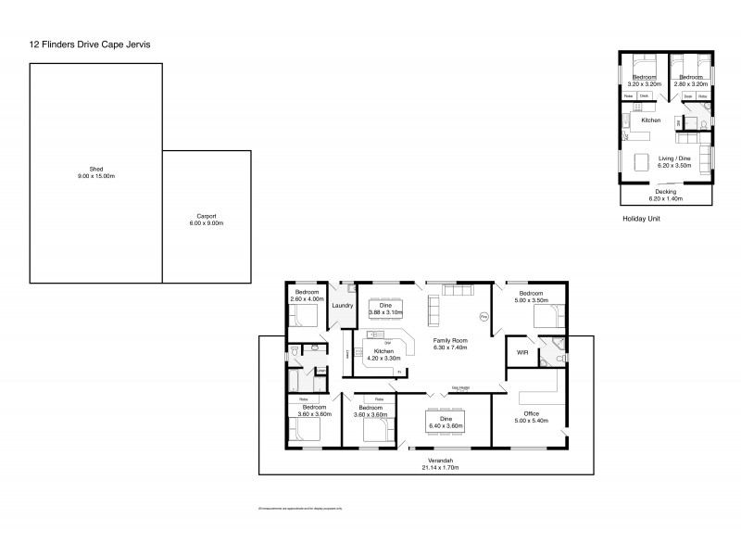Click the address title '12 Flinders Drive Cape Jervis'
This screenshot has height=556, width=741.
pos(90,44)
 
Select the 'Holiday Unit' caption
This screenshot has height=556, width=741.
pos(640,220)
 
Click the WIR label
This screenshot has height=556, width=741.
pos(521,353)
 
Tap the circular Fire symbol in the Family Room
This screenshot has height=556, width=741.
pos(483,317)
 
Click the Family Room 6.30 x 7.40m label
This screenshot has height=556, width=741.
pos(451,345)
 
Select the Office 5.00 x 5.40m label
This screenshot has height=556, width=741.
pos(531,417)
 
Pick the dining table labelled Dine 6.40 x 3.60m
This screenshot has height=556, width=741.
pos(446,422)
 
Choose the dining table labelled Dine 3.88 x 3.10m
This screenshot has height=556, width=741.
pos(386,308)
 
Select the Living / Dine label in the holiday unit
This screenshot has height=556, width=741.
pos(673,161)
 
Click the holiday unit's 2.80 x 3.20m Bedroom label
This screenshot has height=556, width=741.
pos(691,81)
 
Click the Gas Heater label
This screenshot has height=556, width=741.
pos(460,388)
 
